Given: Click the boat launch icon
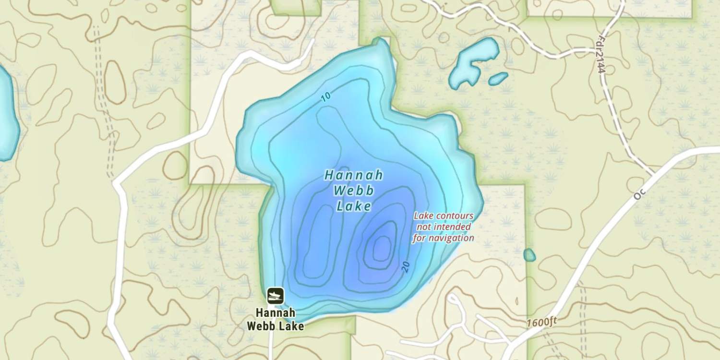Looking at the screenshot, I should tap(276, 296).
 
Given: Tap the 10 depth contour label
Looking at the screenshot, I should tap(326, 97).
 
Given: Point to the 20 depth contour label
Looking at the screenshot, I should tap(406, 267).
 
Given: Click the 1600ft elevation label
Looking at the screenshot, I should tap(541, 322).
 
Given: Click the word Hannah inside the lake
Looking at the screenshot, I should tap(354, 175).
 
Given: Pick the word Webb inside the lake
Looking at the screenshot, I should tap(354, 191).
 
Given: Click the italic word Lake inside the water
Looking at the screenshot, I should tap(354, 207).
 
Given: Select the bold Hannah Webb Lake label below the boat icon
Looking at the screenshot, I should tap(276, 320).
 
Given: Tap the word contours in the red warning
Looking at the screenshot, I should tap(456, 216).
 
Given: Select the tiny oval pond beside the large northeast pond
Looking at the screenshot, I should tap(498, 78).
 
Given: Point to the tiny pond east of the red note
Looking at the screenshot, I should tap(529, 255).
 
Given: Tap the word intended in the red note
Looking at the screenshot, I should tap(452, 227).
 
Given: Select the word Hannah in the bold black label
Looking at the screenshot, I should tap(276, 313).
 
